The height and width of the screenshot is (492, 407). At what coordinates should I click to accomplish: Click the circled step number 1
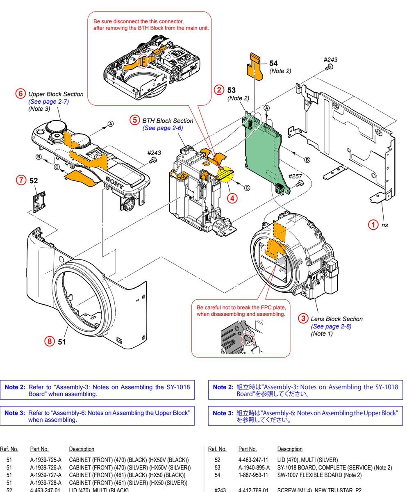pyautogui.click(x=373, y=224)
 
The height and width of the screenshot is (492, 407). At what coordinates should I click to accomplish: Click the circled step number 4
pyautogui.click(x=232, y=198)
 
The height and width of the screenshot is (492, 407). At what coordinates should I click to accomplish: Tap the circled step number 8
pyautogui.click(x=50, y=341)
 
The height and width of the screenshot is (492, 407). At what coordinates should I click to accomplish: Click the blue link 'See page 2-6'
pyautogui.click(x=162, y=128)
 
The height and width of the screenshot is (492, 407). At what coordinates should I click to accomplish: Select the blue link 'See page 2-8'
pyautogui.click(x=331, y=326)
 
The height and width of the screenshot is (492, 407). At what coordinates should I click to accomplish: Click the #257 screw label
pyautogui.click(x=295, y=176)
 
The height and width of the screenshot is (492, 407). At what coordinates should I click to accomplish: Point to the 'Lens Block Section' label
pyautogui.click(x=337, y=319)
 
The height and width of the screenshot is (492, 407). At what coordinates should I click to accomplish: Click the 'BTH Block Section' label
pyautogui.click(x=167, y=121)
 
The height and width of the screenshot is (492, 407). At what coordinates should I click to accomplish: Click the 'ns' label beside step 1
pyautogui.click(x=384, y=225)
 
